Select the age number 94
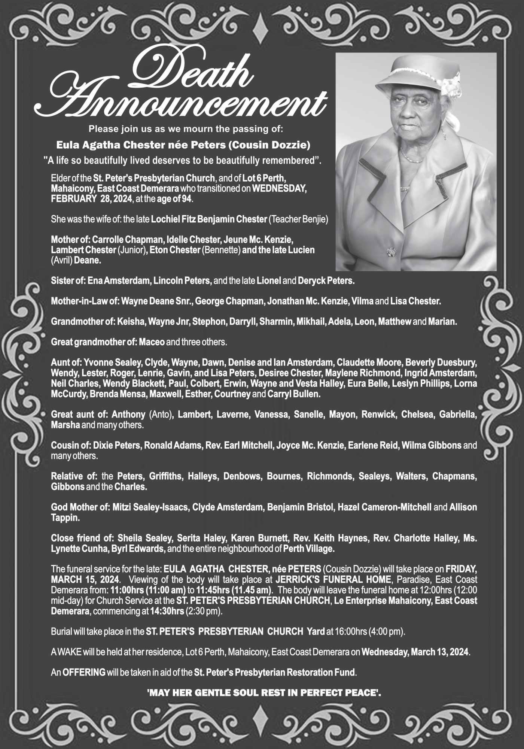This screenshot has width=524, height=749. tap(187, 199)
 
